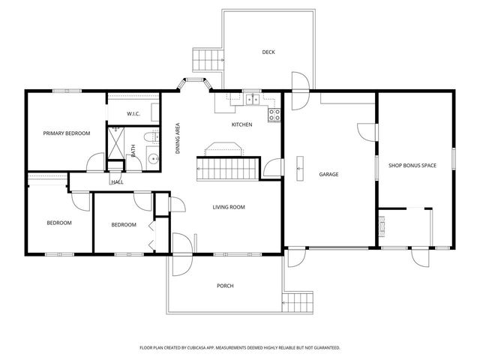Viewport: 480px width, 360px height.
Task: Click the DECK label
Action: coord(268,52)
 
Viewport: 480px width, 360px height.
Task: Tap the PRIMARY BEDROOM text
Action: coord(66,133)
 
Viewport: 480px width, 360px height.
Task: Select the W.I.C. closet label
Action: coord(133,114)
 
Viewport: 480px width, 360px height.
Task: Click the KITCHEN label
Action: coord(241,124)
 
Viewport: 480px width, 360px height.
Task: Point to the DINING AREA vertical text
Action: coord(178,138)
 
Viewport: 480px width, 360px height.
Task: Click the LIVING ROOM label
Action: coord(229,207)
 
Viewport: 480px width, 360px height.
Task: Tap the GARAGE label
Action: coord(328,174)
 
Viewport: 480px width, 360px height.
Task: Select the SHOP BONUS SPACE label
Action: coord(412,165)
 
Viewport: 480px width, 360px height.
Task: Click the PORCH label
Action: coord(225,286)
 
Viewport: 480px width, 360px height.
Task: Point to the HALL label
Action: coord(117,181)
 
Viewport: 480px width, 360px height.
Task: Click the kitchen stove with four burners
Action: coord(274,115)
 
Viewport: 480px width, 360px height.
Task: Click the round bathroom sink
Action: coord(151,158)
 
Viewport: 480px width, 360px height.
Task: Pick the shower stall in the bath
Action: coord(117,141)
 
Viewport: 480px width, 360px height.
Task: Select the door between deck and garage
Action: coord(299,84)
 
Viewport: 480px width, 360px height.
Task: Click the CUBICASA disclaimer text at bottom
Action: coord(240,348)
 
